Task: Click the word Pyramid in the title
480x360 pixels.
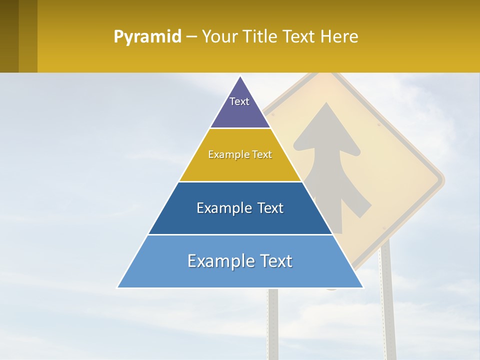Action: point(147,37)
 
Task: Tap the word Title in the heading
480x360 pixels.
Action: point(260,37)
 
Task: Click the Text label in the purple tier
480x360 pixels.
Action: point(239,101)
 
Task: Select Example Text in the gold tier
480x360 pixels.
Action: point(240,154)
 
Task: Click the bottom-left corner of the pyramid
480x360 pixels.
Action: point(118,287)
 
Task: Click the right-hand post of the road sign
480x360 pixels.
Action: point(387,300)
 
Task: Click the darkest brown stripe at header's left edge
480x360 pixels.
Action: point(9,36)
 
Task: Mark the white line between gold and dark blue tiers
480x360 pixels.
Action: point(240,181)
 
